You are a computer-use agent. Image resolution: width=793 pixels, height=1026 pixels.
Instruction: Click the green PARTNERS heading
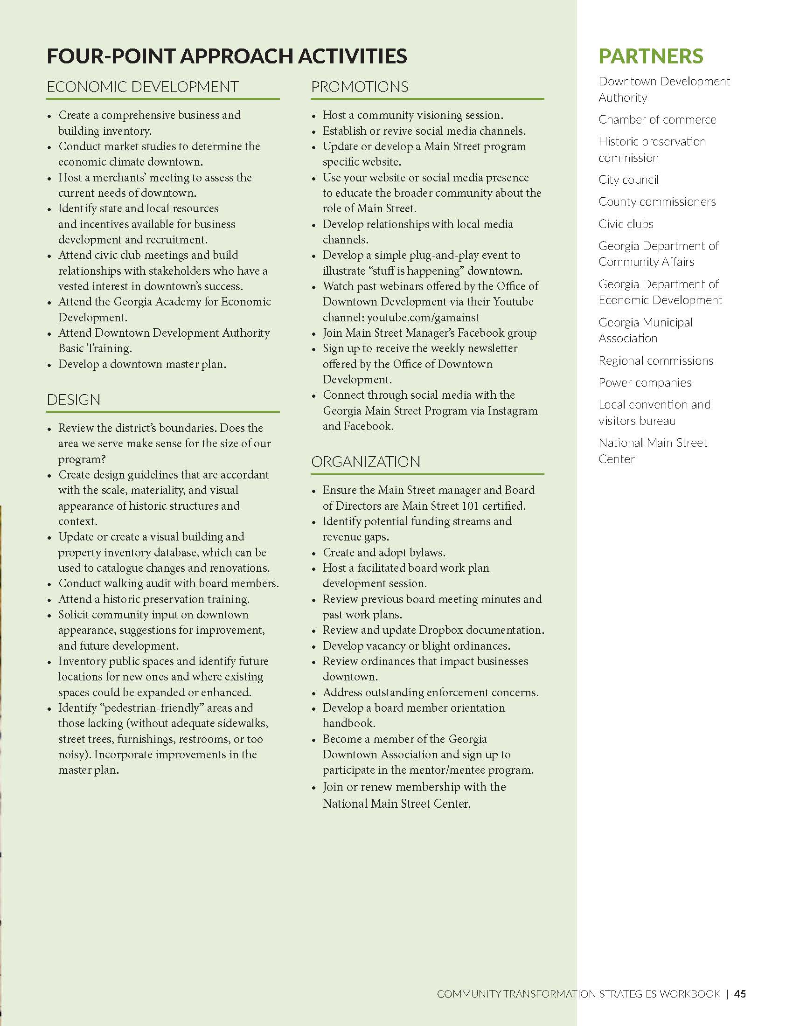click(650, 56)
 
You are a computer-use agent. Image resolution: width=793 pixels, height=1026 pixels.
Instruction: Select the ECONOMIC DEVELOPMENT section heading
click(143, 87)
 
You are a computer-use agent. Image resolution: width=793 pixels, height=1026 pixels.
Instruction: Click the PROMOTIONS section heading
click(359, 87)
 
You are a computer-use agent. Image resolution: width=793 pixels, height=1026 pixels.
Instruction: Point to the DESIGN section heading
click(73, 400)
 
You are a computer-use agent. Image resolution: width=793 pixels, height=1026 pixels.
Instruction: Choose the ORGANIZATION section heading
click(366, 462)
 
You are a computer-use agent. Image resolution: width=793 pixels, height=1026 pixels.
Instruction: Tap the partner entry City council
click(628, 180)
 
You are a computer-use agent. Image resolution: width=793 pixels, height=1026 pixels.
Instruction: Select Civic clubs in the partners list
click(625, 224)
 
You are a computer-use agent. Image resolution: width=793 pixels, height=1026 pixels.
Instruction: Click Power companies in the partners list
click(645, 383)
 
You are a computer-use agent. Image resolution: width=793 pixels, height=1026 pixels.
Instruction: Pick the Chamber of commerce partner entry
click(657, 120)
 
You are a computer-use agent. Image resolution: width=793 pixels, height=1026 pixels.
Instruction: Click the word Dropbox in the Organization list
click(440, 630)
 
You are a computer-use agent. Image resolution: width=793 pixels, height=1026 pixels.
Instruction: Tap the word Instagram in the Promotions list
click(512, 410)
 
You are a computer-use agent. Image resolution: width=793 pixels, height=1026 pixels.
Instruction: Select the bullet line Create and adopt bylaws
click(383, 553)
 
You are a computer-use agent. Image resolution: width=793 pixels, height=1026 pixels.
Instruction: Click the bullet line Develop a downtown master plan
click(142, 364)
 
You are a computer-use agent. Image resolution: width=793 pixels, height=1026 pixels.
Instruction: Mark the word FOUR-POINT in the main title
click(111, 56)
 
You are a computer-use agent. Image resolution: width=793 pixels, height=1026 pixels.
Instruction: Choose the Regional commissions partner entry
click(655, 361)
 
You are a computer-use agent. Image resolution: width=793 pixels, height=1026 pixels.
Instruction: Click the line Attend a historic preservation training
click(153, 599)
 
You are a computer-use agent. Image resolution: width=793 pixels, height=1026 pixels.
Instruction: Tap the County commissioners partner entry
click(657, 202)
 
